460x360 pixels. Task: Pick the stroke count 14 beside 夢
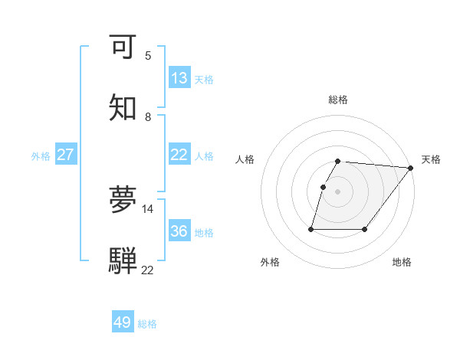pyautogui.click(x=148, y=208)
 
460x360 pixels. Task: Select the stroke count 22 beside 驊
pyautogui.click(x=148, y=270)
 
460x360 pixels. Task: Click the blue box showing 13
pyautogui.click(x=179, y=78)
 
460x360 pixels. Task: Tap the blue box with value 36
pyautogui.click(x=179, y=231)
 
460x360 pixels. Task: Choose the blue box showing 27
pyautogui.click(x=66, y=155)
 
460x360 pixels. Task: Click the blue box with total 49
pyautogui.click(x=123, y=322)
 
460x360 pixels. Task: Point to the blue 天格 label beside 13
pyautogui.click(x=203, y=79)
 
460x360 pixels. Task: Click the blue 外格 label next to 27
pyautogui.click(x=41, y=155)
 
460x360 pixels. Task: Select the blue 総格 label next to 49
pyautogui.click(x=147, y=323)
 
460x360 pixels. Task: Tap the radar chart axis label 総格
pyautogui.click(x=338, y=100)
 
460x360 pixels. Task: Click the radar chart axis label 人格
pyautogui.click(x=245, y=159)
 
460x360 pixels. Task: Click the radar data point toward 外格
pyautogui.click(x=311, y=229)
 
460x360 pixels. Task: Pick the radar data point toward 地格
pyautogui.click(x=366, y=229)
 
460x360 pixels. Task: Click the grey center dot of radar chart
pyautogui.click(x=338, y=191)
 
